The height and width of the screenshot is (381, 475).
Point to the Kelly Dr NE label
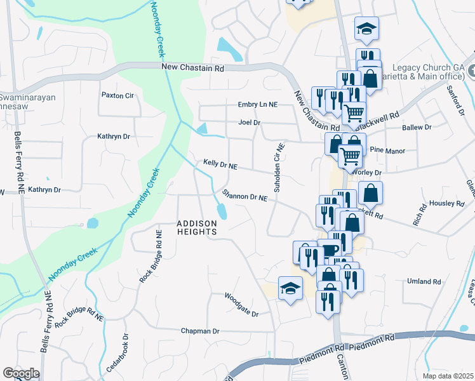coord(220,164)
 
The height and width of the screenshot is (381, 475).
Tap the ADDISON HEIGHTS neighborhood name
coord(197,227)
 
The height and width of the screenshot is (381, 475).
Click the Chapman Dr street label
coord(199,331)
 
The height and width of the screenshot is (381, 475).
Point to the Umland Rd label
coord(424,281)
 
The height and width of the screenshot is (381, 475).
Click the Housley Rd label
coord(447,203)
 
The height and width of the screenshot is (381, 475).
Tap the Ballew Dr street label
coord(417,128)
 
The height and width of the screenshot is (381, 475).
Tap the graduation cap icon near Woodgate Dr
coord(290,288)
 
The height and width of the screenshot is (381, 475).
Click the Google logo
coord(21,373)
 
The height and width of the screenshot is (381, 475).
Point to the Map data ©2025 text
coord(447,376)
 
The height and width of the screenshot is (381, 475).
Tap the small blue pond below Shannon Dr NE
coord(221,211)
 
